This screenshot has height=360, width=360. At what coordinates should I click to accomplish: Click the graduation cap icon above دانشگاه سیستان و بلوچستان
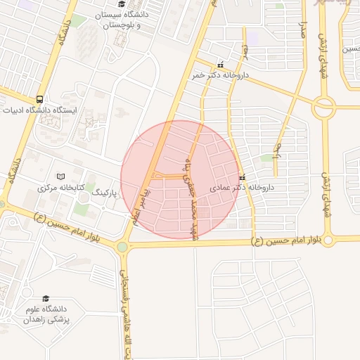(x=122, y=5)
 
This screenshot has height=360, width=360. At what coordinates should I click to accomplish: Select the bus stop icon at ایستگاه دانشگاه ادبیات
(x=39, y=100)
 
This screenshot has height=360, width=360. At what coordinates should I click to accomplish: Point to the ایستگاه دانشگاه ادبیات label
(x=35, y=110)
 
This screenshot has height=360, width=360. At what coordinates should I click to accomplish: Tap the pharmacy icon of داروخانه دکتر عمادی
(x=243, y=177)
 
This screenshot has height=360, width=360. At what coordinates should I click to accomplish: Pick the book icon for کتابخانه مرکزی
(x=60, y=176)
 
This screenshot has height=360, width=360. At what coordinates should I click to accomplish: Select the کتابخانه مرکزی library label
(x=60, y=188)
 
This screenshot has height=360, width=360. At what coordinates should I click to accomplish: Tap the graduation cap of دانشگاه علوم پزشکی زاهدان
(x=46, y=298)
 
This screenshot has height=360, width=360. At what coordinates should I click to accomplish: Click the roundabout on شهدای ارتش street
(x=324, y=107)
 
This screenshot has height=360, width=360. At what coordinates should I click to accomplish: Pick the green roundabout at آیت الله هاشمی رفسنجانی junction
(x=123, y=247)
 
